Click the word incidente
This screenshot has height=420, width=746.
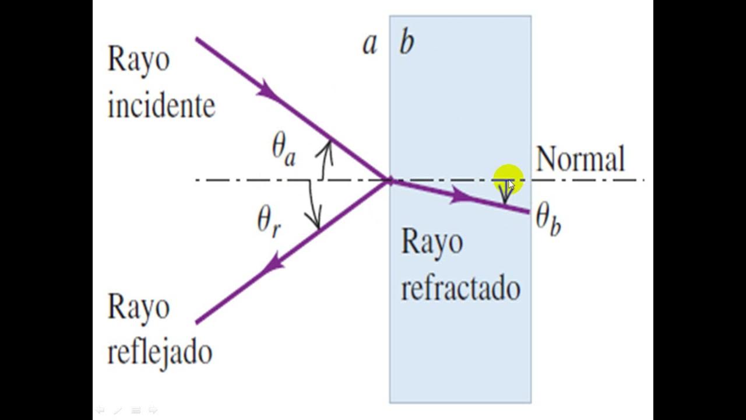pos(162,106)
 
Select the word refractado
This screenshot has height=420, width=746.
pos(461,288)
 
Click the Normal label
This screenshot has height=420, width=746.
pos(580,159)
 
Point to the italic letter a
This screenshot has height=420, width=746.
pos(370,44)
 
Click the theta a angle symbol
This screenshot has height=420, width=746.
pos(283,152)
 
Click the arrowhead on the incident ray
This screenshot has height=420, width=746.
pos(268,90)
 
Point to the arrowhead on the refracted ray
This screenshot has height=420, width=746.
pos(461,196)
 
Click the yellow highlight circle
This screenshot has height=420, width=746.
pos(508,180)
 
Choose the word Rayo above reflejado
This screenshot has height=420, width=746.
pos(139,308)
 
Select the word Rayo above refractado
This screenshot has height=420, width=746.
pos(432,242)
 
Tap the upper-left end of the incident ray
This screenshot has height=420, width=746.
pos(196,39)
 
